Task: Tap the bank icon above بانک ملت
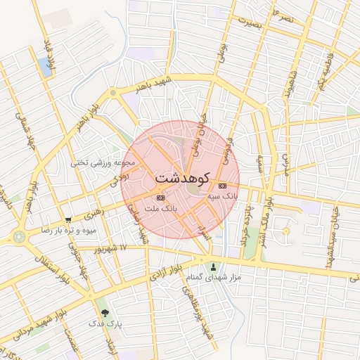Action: (x=161, y=198)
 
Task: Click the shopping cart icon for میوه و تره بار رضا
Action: (x=68, y=220)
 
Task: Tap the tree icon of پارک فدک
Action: (x=105, y=312)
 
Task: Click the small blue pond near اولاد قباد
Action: (x=46, y=67)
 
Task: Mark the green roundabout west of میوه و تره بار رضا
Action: (x=18, y=236)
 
